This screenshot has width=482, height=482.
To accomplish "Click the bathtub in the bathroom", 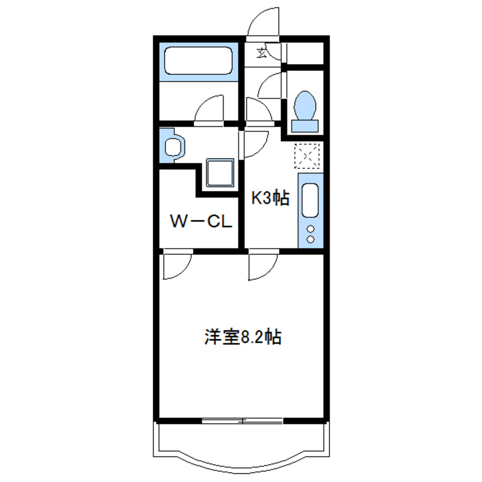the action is [x=198, y=61].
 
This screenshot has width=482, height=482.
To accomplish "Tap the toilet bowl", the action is [x=305, y=105].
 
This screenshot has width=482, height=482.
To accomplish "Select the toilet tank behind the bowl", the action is [x=305, y=126].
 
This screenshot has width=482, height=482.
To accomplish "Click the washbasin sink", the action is [x=173, y=147].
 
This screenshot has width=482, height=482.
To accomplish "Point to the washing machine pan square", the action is [x=220, y=173].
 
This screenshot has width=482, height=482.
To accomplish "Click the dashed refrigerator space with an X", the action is [x=307, y=156].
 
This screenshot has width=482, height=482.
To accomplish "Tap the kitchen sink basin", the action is [x=310, y=201].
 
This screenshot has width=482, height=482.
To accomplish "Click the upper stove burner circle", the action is [x=311, y=228].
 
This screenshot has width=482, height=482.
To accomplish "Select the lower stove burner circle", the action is [x=311, y=239].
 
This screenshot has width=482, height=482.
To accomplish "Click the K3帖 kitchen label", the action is [x=270, y=198].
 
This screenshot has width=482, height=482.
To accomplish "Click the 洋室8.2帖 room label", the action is [x=243, y=337].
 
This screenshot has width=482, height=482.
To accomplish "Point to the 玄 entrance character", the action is [x=261, y=54].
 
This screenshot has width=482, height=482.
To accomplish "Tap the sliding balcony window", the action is [x=242, y=421].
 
